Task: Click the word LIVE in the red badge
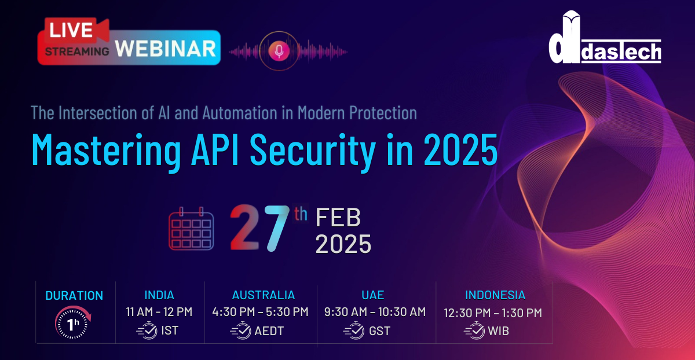[71, 30]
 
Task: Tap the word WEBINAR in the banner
[166, 49]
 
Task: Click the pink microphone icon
[279, 51]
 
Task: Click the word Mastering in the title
[106, 150]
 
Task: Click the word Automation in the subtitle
[240, 112]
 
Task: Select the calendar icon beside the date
[191, 229]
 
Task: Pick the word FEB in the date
[338, 218]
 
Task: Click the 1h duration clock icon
[73, 322]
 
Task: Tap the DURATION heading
[74, 296]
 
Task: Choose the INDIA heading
[159, 295]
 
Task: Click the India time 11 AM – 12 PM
[159, 311]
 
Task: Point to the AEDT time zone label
[269, 331]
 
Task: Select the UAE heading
[372, 295]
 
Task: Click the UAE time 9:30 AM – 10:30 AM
[375, 311]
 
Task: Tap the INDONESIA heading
[495, 295]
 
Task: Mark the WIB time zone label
[498, 331]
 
